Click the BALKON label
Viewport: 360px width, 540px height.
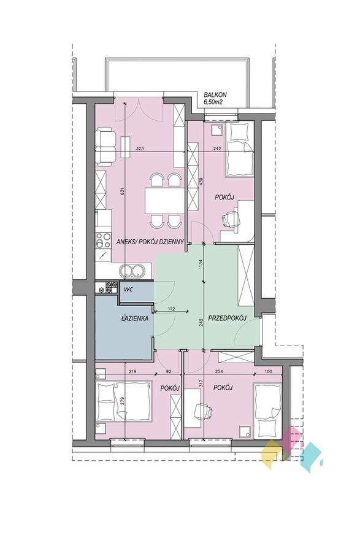pos(215,95)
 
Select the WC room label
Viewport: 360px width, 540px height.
pos(129,290)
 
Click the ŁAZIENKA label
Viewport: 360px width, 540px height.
pos(134,318)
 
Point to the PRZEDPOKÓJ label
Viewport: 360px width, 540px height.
pos(226,318)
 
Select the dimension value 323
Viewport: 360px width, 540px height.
pos(140,148)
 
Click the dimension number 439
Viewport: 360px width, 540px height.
pos(202,182)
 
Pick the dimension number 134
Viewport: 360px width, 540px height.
pos(202,263)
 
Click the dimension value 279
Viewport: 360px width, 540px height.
pos(123,402)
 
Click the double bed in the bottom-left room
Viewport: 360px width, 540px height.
pos(124,401)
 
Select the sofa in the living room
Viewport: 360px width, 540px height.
pos(105,145)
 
